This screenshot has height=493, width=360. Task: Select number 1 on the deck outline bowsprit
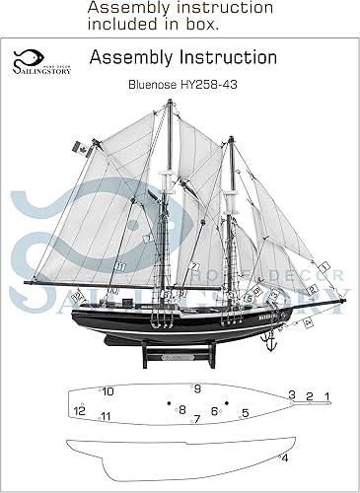coord(328,396)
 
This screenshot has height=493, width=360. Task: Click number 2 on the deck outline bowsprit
coord(310,396)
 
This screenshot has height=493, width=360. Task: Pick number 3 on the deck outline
coord(292,394)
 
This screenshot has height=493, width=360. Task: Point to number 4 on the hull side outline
coord(285,458)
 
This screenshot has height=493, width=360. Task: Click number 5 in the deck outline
coord(245,412)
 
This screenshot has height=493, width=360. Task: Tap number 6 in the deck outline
coord(214,410)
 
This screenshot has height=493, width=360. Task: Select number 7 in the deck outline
coord(196,419)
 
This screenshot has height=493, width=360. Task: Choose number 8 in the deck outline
coord(182,408)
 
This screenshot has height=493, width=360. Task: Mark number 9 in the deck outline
coord(197,388)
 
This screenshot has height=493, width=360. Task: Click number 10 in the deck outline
coord(108,391)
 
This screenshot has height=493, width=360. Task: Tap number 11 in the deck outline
coord(105,416)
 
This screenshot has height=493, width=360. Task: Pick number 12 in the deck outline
coord(79,410)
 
